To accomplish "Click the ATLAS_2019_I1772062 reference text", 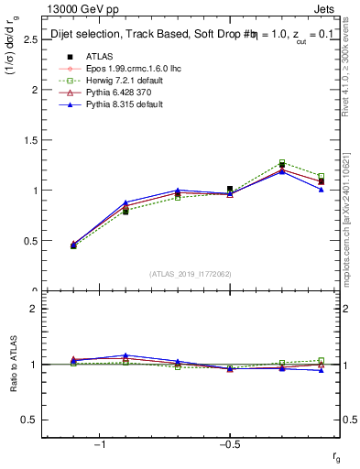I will pyautogui.click(x=191, y=273).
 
